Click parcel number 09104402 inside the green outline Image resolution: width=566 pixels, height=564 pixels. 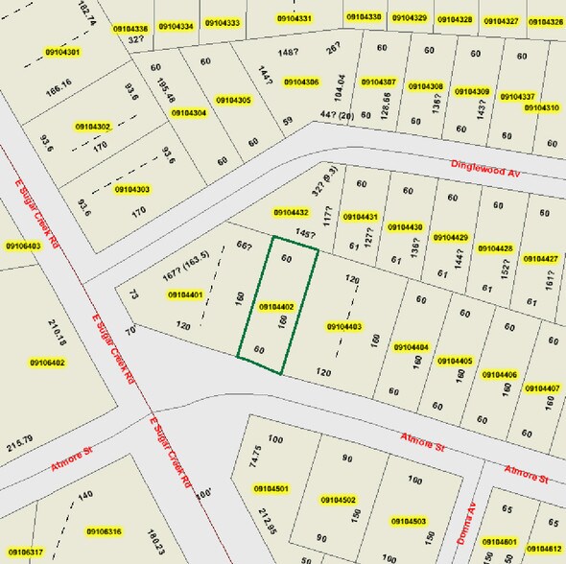[276, 306]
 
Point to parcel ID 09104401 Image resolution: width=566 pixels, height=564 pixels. [185, 294]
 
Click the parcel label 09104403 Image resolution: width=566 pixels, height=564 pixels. [344, 327]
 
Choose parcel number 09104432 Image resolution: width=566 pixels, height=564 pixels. [291, 212]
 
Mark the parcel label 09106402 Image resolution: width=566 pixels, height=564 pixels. [46, 363]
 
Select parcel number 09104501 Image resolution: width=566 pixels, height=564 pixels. [271, 489]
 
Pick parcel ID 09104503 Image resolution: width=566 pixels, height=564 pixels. [408, 521]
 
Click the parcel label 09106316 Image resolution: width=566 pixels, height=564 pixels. [105, 531]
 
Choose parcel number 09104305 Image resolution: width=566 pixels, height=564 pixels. [233, 100]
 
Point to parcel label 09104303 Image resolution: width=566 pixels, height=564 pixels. [131, 189]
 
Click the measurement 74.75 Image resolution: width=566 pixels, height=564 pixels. [254, 456]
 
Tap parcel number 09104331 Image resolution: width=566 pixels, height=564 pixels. [294, 19]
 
